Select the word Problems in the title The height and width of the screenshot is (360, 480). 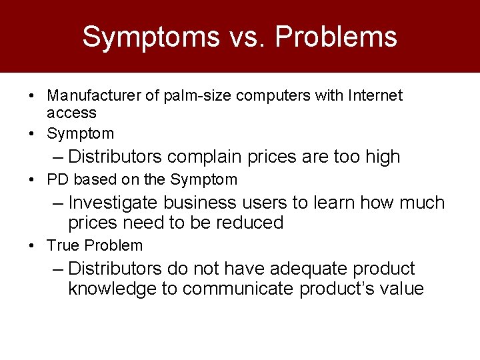335,37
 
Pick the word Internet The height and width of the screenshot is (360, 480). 377,96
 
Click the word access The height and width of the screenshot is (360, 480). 71,113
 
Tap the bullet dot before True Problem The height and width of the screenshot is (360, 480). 33,246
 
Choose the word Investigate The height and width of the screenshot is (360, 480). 113,203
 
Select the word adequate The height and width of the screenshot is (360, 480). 298,269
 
